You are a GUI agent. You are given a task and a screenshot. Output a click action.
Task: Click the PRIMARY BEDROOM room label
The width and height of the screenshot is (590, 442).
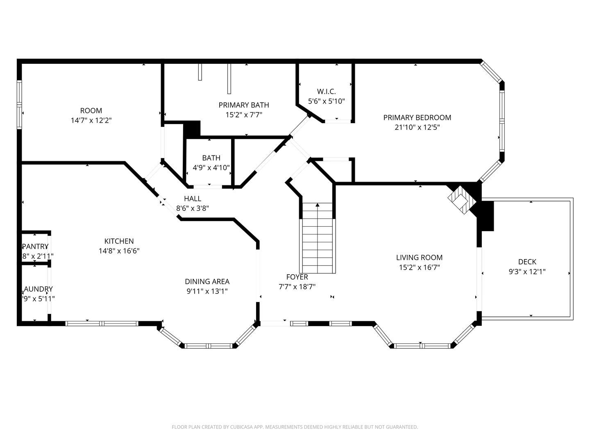point(417,117)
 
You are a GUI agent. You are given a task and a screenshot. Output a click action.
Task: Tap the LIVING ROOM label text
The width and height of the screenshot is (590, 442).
point(419,257)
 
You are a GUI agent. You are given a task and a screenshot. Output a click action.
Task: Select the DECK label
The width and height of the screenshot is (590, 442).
point(527,262)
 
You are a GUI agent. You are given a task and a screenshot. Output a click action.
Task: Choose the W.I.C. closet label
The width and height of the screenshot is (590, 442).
point(326,91)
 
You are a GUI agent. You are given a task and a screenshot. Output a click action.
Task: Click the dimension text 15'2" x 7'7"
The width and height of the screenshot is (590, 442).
point(244,115)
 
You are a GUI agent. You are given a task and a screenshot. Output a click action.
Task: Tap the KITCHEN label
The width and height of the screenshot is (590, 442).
point(119,241)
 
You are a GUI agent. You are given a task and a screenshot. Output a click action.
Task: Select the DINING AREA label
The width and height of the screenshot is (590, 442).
point(207,281)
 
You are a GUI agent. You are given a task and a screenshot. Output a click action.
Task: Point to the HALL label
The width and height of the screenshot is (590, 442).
point(193,198)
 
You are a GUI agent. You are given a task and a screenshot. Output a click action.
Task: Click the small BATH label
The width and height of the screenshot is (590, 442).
point(211,158)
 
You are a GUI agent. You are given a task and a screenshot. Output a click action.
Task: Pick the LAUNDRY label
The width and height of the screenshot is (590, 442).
point(37,289)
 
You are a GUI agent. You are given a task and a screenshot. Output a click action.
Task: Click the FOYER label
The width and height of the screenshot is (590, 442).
point(297,277)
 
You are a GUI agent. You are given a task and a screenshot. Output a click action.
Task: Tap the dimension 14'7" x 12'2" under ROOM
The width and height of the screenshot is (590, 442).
point(91,121)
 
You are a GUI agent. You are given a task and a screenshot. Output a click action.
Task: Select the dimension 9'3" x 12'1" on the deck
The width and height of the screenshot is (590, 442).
point(527,271)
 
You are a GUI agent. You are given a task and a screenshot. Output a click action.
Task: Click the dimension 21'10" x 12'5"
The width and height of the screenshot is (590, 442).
point(417,127)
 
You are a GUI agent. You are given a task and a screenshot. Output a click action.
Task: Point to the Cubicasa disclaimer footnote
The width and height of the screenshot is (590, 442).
point(295,427)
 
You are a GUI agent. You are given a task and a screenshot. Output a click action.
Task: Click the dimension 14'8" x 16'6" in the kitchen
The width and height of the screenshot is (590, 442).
point(119,251)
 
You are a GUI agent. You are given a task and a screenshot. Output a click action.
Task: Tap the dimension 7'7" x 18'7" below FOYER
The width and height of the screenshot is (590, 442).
point(297,287)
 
